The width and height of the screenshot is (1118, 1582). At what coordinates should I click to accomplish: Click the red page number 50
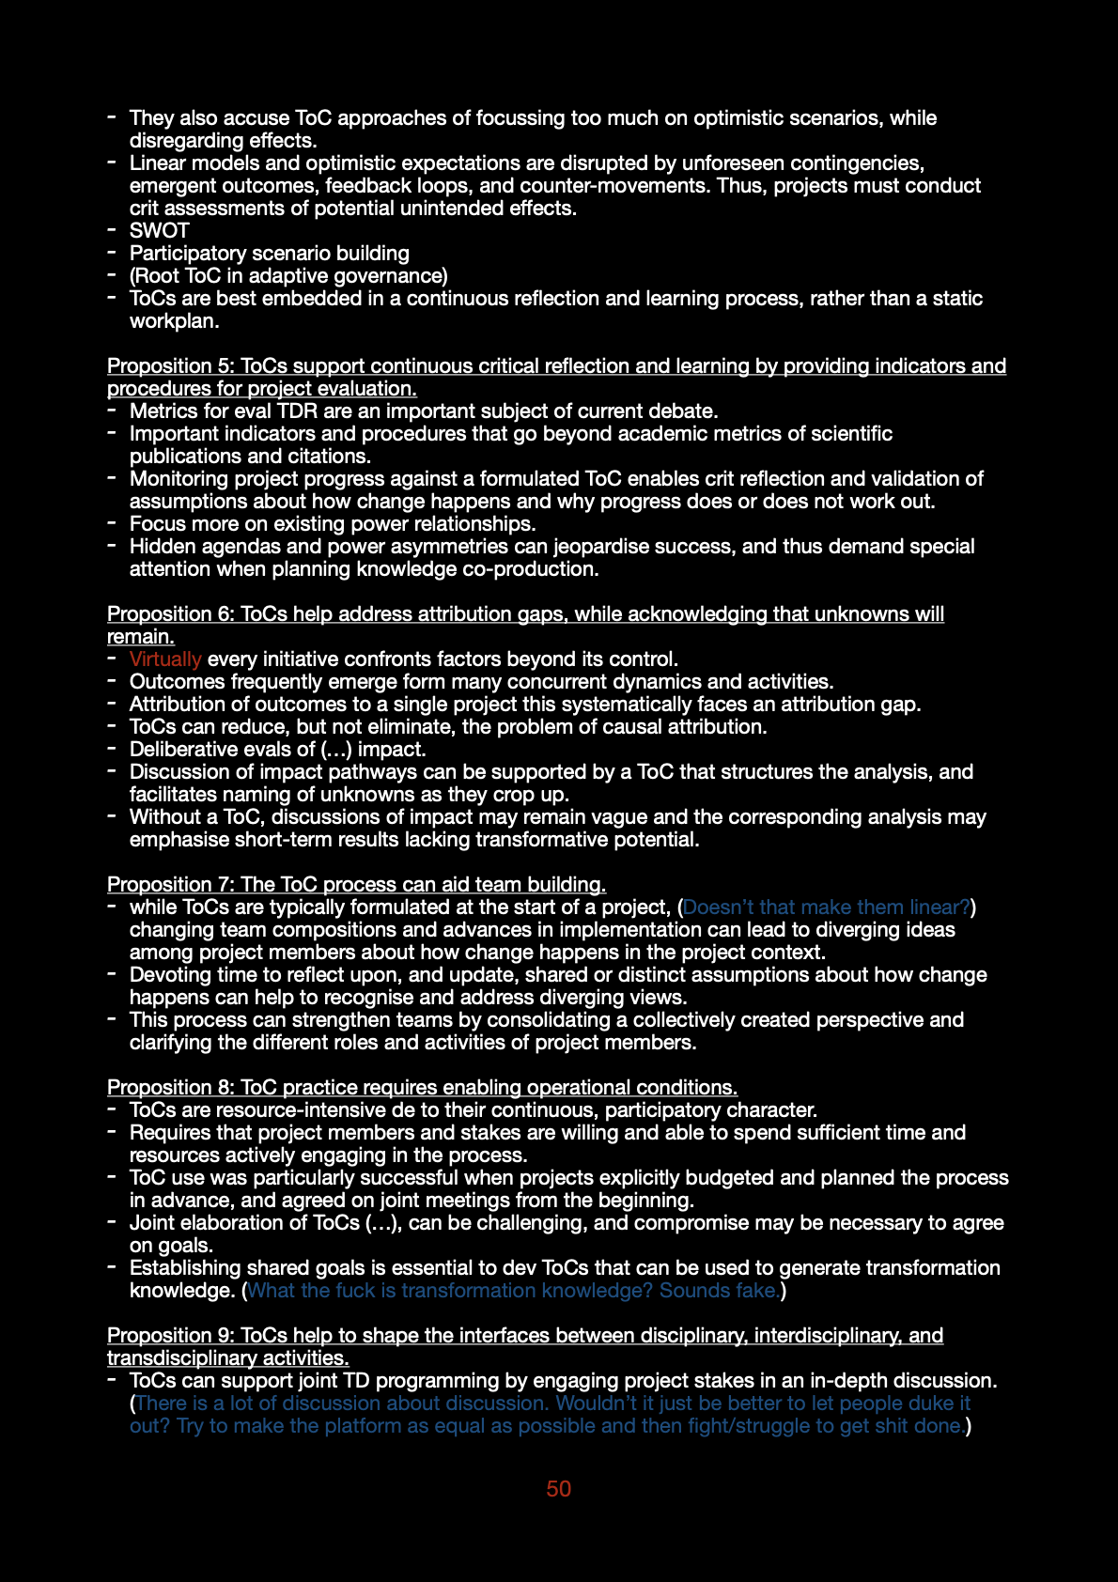click(x=558, y=1489)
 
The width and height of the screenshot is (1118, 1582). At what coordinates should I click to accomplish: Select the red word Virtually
click(x=165, y=659)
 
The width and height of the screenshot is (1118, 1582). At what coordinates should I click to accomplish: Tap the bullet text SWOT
click(x=160, y=231)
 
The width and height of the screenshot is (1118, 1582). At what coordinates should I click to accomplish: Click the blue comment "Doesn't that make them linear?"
click(x=826, y=907)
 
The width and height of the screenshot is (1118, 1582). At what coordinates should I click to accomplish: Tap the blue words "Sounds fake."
click(x=719, y=1291)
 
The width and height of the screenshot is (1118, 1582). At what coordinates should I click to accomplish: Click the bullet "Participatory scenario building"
click(x=270, y=254)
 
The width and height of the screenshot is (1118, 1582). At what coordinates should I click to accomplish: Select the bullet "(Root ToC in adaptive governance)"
click(x=288, y=276)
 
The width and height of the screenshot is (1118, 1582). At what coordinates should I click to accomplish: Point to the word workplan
click(x=174, y=321)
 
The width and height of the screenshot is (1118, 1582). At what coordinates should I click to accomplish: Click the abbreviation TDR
click(x=297, y=411)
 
